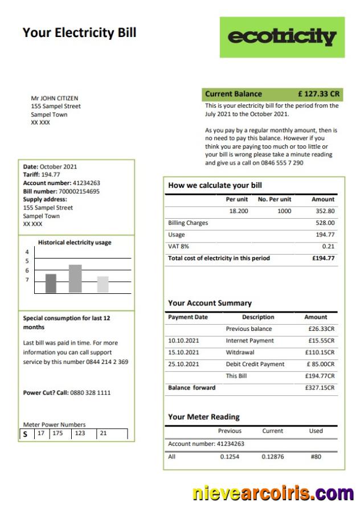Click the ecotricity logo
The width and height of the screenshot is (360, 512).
[282, 37]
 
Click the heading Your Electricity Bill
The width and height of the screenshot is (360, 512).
[79, 32]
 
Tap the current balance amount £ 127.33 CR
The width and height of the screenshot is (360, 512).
[318, 94]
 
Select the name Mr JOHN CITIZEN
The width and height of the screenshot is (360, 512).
[55, 99]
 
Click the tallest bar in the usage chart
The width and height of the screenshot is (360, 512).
[75, 278]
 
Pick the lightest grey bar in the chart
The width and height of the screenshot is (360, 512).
[103, 284]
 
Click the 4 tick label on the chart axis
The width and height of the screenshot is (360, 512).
[27, 252]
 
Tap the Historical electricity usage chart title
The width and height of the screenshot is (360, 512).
[75, 243]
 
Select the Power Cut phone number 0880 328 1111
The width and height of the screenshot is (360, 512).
[91, 393]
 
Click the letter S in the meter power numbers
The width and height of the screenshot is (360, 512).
[25, 434]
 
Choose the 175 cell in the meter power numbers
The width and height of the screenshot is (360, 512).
[58, 433]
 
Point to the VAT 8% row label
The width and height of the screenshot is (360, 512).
[179, 247]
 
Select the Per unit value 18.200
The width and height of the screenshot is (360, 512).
[238, 211]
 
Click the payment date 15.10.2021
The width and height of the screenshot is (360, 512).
[183, 353]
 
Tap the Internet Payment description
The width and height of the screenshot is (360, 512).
[249, 341]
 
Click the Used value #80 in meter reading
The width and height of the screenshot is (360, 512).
[316, 457]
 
